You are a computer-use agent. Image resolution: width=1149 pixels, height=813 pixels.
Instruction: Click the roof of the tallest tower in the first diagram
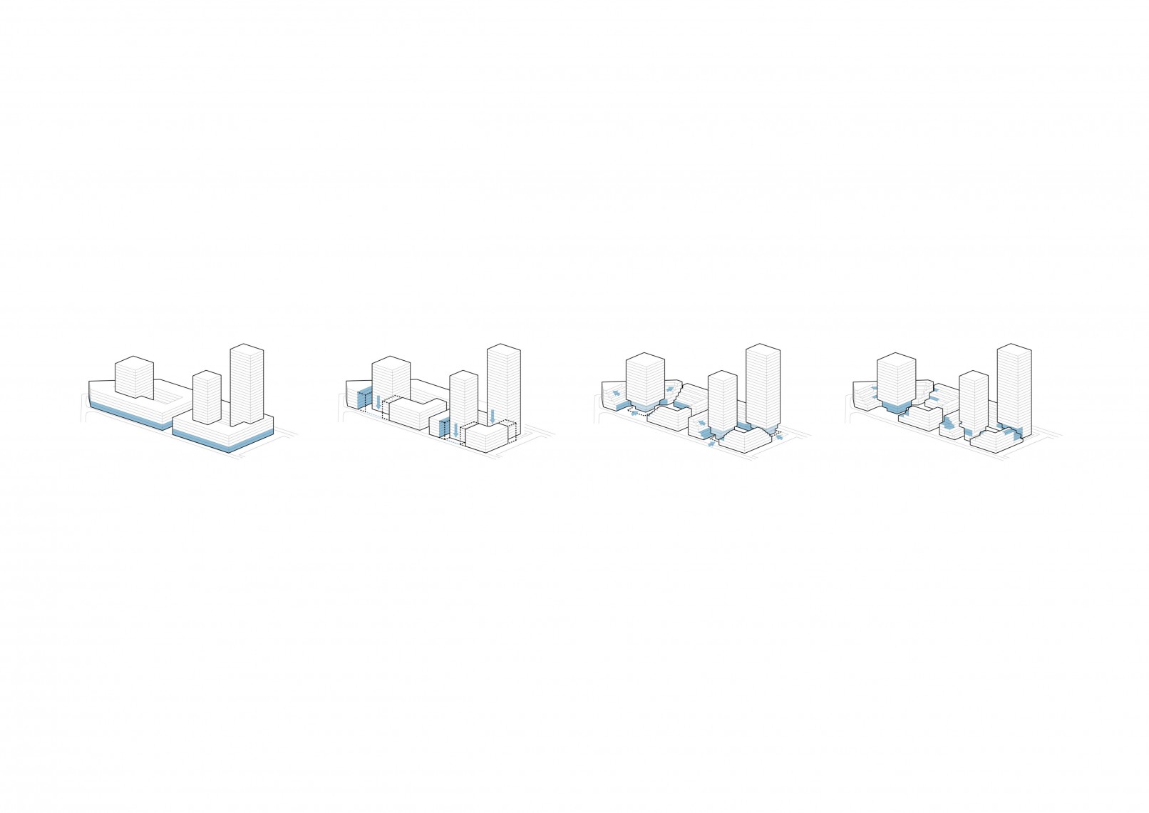pos(247,349)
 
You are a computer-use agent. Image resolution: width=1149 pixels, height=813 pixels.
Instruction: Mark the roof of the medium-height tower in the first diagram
pos(207,375)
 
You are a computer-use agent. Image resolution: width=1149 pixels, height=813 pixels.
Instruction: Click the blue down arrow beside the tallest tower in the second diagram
pos(492,416)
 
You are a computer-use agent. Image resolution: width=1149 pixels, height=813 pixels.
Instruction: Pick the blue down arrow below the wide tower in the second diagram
pos(378,402)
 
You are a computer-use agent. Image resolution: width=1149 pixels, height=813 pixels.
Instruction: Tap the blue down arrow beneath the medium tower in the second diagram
pos(455,430)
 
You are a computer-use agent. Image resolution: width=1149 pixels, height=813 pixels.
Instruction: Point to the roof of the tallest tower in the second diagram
pos(504,349)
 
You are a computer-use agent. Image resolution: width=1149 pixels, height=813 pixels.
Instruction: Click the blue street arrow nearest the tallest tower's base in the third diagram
pos(779,437)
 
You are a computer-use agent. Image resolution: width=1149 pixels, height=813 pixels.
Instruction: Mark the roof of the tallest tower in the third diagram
pos(763,349)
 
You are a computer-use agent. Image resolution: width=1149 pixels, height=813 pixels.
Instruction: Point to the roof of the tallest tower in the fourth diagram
pos(1014,349)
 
